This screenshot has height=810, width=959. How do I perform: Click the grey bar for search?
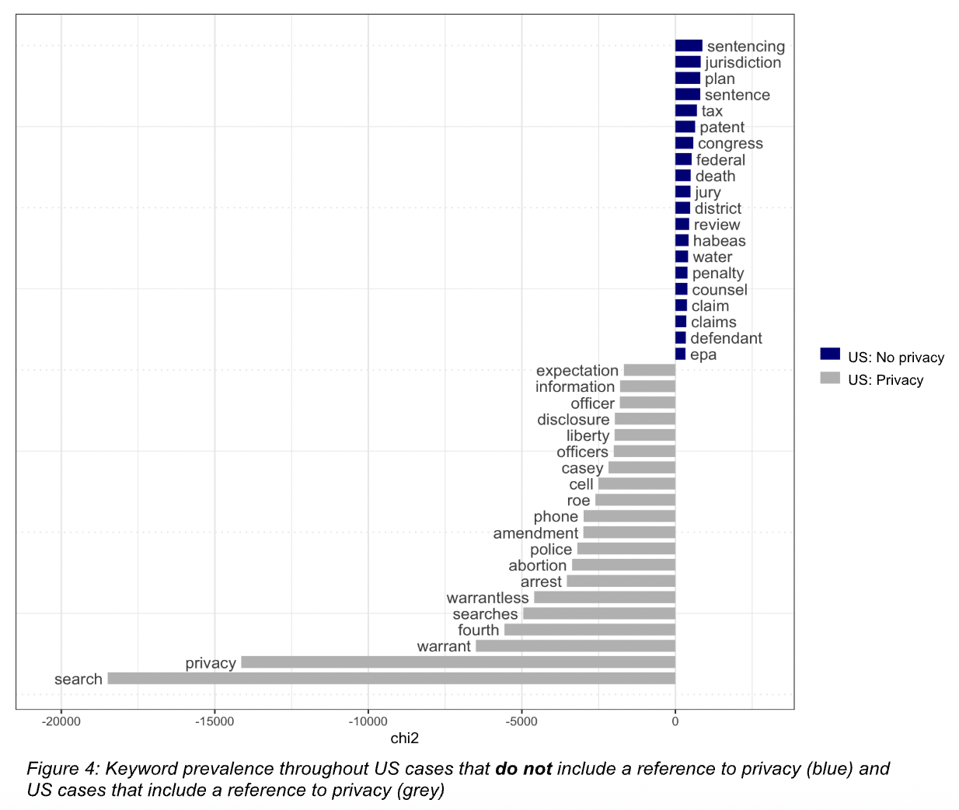tap(391, 679)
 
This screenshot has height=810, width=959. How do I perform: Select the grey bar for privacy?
tap(458, 662)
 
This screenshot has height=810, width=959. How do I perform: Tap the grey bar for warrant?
tap(575, 646)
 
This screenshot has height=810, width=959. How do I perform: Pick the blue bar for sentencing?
tap(689, 46)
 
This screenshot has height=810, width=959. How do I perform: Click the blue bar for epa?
tap(680, 354)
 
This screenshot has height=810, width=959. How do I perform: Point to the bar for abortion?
tap(623, 565)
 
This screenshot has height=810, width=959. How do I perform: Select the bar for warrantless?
tap(604, 598)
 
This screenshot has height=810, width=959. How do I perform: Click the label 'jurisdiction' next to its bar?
tap(743, 63)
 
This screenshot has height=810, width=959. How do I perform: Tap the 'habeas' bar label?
tap(719, 241)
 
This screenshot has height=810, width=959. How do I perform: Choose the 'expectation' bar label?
tap(577, 371)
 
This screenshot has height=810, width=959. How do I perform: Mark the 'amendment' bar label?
tap(535, 533)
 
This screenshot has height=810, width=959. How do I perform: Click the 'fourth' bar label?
tap(478, 630)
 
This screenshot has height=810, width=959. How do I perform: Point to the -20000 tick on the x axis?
tap(61, 721)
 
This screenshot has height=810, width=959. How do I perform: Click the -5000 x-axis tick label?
tap(521, 721)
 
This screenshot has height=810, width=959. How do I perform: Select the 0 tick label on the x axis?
tap(675, 721)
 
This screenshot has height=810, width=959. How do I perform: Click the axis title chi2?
tap(404, 738)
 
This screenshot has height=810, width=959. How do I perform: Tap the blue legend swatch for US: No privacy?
tap(830, 354)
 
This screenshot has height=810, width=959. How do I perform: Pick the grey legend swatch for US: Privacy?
tap(830, 379)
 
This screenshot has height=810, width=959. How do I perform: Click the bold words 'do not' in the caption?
tap(523, 769)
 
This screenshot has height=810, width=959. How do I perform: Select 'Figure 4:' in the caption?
tap(63, 769)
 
